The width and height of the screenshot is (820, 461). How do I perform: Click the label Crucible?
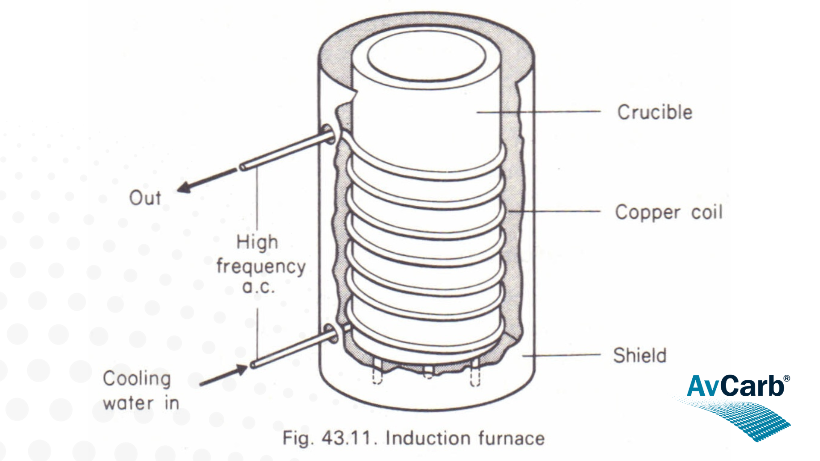655,112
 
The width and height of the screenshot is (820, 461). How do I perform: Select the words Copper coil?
669,213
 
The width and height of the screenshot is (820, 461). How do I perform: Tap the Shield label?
640,356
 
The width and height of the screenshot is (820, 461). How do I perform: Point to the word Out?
145,198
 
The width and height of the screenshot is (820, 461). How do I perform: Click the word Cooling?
137,379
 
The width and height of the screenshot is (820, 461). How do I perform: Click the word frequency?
261,267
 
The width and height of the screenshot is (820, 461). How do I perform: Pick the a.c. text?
258,287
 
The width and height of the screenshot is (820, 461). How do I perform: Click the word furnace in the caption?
511,438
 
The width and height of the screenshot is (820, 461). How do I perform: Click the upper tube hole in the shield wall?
328,133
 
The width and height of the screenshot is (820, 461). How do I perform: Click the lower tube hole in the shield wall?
330,334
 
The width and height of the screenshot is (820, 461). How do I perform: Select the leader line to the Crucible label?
538,112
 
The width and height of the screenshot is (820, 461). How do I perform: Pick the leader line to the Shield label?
562,355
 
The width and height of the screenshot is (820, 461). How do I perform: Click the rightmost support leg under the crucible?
475,373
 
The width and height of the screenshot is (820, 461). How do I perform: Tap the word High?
257,242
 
